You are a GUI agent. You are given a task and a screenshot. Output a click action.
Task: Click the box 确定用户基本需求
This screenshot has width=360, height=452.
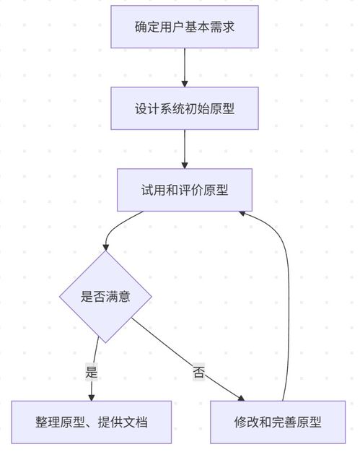(x=185, y=27)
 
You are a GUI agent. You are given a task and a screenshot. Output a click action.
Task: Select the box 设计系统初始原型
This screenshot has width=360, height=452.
(x=185, y=108)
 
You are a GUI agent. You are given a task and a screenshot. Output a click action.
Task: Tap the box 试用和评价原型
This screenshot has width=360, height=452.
(x=185, y=190)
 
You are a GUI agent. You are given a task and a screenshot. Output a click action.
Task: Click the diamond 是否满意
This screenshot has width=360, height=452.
(x=106, y=296)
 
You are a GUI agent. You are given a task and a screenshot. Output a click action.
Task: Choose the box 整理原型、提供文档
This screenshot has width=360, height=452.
(x=92, y=422)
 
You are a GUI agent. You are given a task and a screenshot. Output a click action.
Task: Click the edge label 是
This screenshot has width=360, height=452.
(x=92, y=373)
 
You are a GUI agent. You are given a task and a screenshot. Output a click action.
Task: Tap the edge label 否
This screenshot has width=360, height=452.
(x=198, y=373)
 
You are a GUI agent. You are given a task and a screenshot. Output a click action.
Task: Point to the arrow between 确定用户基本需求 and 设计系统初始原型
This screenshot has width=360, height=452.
(x=185, y=68)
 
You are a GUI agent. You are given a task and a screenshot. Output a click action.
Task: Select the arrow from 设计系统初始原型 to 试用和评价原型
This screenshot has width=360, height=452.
(x=185, y=149)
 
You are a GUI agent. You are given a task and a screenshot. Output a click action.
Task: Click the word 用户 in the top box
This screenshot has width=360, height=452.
(x=167, y=27)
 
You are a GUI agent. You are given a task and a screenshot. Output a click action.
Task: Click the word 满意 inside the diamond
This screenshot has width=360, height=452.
(x=118, y=296)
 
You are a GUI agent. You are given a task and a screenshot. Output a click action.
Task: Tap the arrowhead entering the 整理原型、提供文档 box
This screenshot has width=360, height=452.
(x=92, y=396)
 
